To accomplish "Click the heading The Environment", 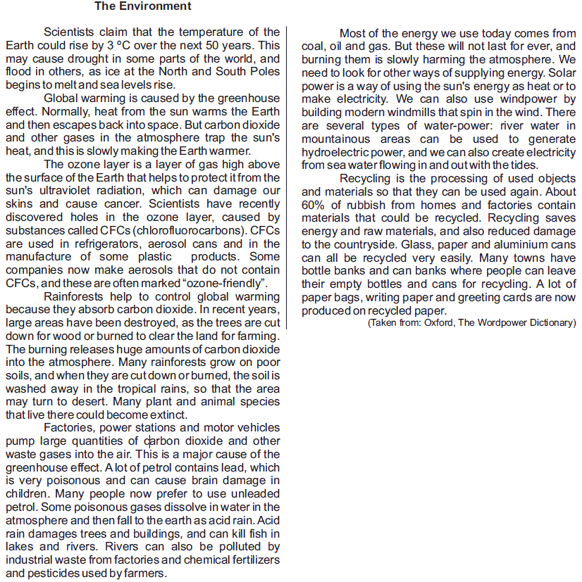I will (x=142, y=6).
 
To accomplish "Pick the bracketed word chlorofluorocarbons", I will (x=191, y=231).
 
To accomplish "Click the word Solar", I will (x=561, y=72).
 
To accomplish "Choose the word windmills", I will (x=428, y=113).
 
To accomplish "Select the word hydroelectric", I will (x=337, y=152).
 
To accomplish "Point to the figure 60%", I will (x=314, y=205).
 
